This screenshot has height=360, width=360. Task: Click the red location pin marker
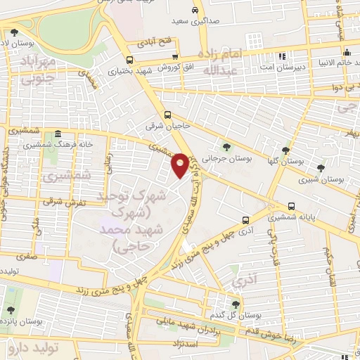click(180, 165)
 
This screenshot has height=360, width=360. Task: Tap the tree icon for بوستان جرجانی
click(227, 147)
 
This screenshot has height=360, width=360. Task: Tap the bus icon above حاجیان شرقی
click(167, 115)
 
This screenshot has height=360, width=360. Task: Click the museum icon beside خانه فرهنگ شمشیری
click(57, 134)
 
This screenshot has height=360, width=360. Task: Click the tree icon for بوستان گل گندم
click(236, 304)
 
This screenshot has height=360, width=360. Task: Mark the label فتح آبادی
click(155, 44)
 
